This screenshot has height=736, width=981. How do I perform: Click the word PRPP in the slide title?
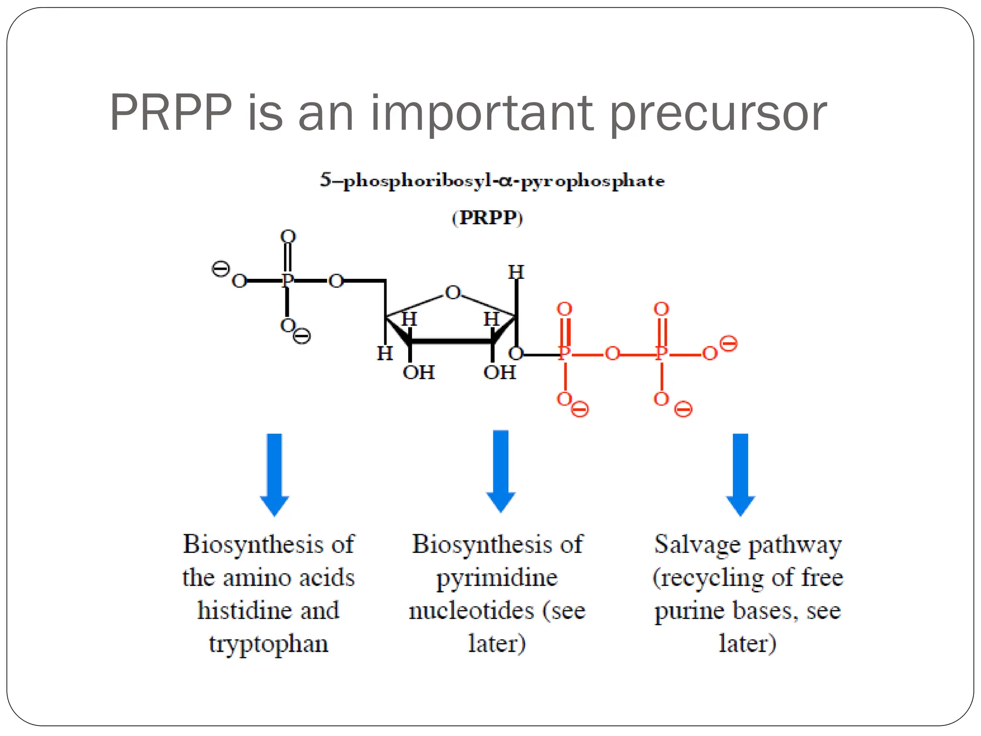[171, 113]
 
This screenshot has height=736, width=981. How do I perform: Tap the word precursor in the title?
[719, 115]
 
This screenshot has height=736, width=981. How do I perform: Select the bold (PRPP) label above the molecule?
[487, 218]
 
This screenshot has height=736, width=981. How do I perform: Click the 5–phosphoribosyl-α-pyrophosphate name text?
[492, 181]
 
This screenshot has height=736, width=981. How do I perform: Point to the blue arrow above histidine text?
[274, 474]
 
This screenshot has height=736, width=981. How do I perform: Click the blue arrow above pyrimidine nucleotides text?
[501, 471]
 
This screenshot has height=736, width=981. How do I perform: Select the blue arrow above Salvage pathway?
[741, 474]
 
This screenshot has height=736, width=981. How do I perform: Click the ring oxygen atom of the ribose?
[453, 292]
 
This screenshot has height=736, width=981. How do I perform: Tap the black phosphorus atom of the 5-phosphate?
[287, 280]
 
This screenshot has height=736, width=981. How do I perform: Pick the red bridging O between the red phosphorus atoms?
[612, 354]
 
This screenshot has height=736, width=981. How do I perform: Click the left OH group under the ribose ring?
[419, 373]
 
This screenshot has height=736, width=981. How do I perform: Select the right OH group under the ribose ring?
[500, 373]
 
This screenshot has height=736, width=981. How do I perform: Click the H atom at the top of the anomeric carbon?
[516, 272]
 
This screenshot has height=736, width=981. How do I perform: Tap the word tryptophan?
[268, 644]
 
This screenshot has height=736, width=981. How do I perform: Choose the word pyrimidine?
[497, 578]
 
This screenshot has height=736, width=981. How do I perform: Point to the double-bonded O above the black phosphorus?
[288, 237]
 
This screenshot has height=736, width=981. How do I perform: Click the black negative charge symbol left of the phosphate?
[220, 269]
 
